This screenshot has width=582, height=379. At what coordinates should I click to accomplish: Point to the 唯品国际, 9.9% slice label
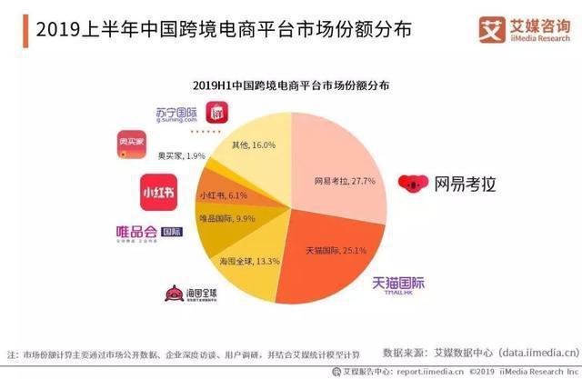click(x=228, y=219)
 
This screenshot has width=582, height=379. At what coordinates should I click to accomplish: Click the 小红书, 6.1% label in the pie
click(x=220, y=195)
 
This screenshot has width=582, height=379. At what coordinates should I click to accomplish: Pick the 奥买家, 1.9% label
click(x=181, y=156)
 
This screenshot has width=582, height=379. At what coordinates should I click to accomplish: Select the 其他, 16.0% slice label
click(x=254, y=145)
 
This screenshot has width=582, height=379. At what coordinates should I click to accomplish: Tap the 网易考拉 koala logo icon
click(x=412, y=183)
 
